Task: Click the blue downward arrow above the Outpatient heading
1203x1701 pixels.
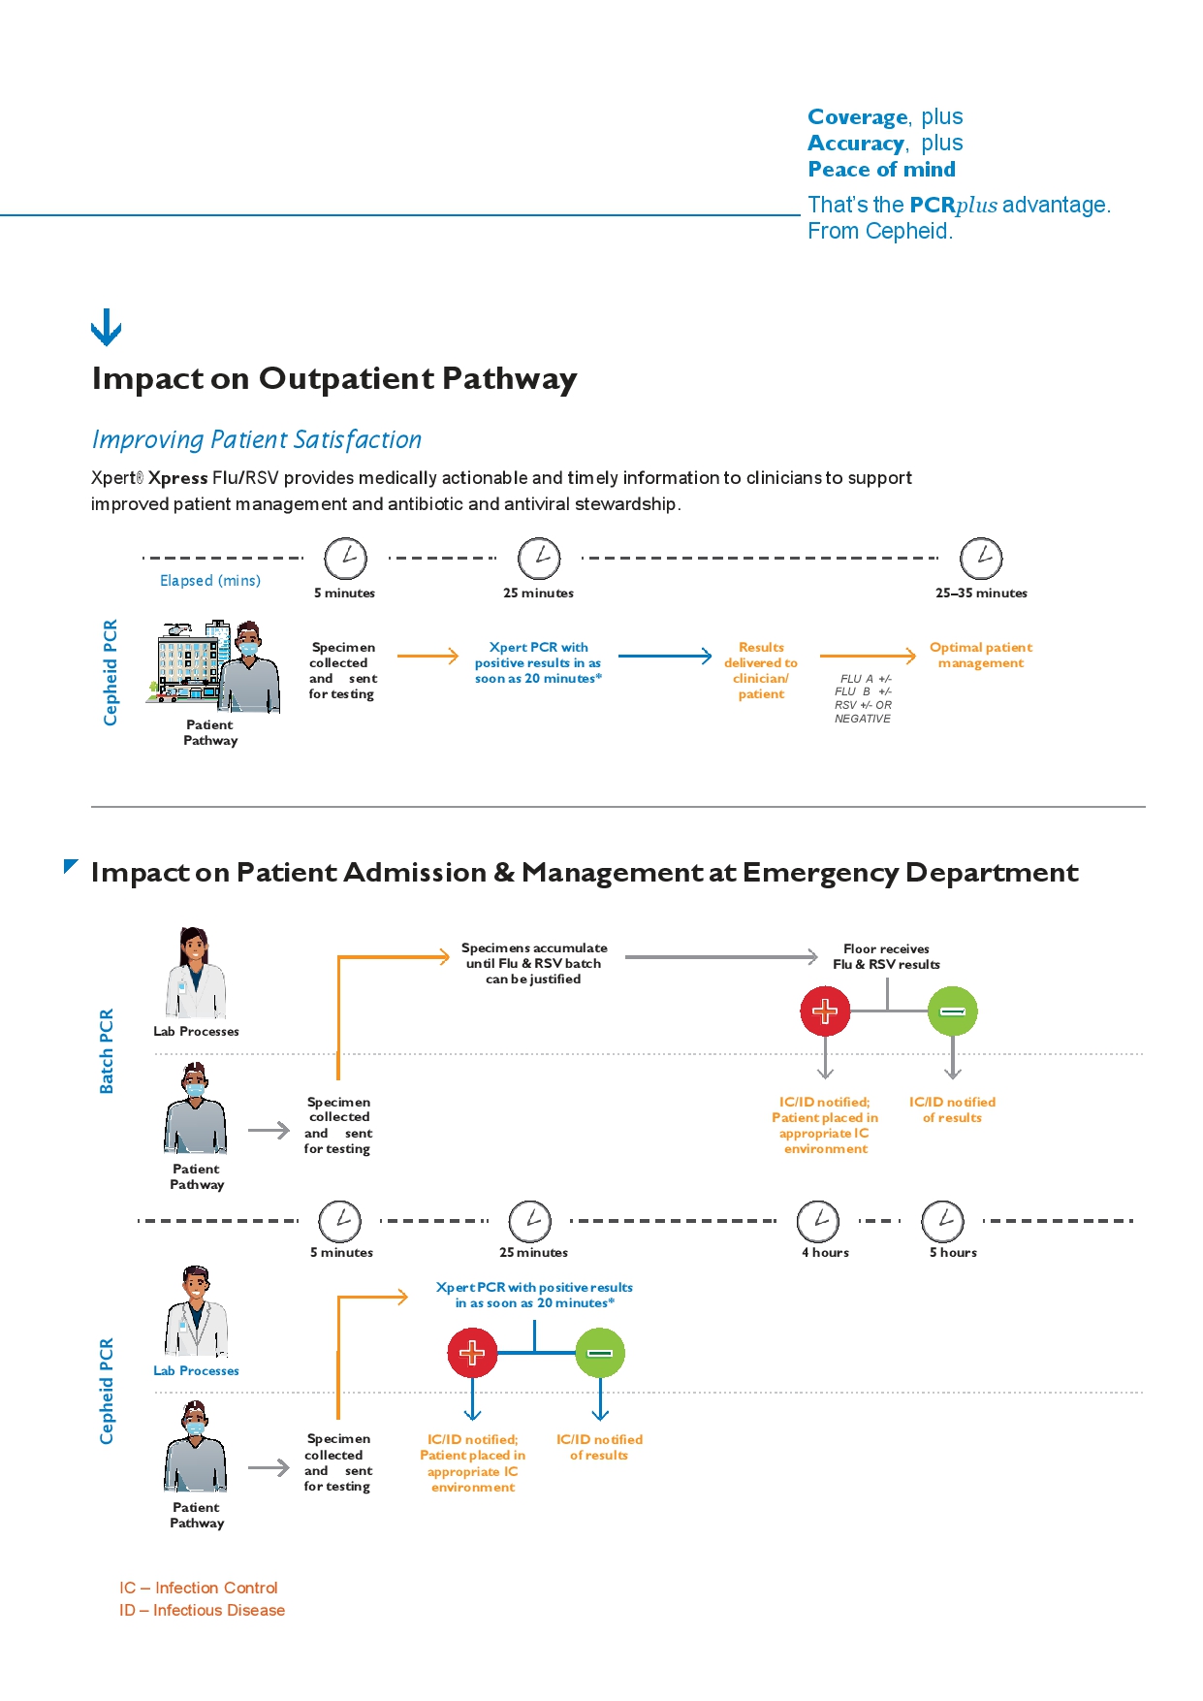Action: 106,328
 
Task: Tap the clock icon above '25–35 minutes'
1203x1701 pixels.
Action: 980,559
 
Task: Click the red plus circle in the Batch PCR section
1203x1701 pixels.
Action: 825,1011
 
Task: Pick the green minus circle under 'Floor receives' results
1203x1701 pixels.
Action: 952,1011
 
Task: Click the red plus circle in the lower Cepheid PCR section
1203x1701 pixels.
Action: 472,1353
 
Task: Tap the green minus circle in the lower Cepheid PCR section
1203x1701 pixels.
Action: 600,1353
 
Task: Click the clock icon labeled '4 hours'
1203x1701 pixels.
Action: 818,1221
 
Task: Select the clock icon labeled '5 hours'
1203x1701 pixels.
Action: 943,1221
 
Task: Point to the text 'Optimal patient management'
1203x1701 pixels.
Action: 980,655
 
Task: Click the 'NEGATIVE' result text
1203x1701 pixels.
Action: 862,719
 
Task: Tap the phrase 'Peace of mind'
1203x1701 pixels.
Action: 881,170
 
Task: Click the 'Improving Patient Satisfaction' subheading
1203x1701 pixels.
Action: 257,439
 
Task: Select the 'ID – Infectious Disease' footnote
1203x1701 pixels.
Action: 202,1610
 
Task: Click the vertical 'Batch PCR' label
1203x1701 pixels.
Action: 107,1051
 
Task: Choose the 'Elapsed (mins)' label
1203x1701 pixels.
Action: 209,580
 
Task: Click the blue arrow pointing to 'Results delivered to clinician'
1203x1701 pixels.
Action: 665,657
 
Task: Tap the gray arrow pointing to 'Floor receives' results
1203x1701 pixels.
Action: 721,957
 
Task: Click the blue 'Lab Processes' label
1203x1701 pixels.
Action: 196,1370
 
